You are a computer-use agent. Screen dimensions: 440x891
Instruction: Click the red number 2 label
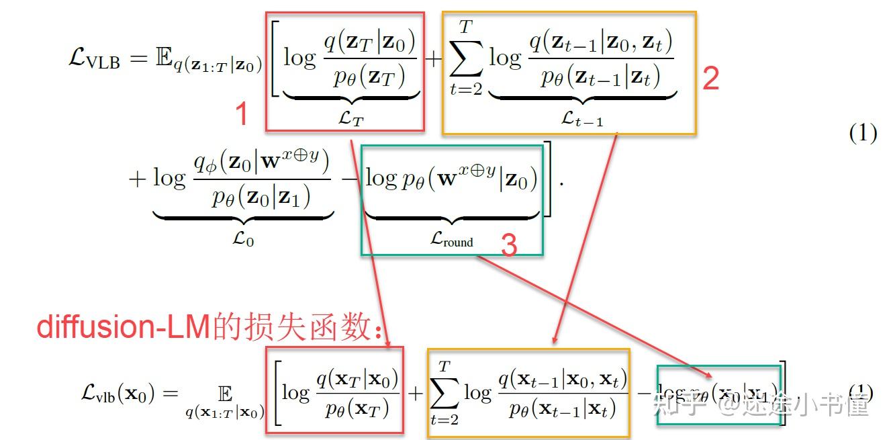(x=710, y=79)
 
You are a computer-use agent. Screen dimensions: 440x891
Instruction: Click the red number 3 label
(x=509, y=247)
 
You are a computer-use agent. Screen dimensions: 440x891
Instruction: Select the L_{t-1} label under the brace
(x=581, y=119)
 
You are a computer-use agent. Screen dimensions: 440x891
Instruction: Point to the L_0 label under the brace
(x=243, y=237)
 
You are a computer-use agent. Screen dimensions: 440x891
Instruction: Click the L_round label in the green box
(x=451, y=240)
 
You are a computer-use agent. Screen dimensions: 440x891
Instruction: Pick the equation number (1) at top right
(x=863, y=134)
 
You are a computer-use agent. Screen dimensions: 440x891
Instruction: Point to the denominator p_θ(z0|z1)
(x=262, y=198)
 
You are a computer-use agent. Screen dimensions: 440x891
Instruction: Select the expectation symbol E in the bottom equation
(x=225, y=392)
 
